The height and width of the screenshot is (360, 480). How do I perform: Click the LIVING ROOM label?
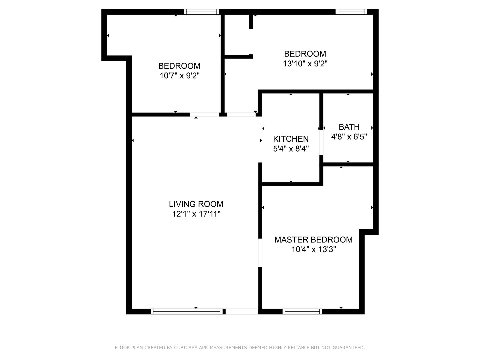[x=196, y=204]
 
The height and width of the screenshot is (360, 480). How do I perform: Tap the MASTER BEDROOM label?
[x=313, y=240]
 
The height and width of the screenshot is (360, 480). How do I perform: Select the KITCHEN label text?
[x=291, y=139]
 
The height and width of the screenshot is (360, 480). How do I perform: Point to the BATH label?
[x=349, y=127]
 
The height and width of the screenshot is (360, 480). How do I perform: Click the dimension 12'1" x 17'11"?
[x=196, y=214]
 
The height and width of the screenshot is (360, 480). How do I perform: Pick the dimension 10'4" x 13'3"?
[x=314, y=249]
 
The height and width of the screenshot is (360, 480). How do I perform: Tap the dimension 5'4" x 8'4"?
[x=291, y=149]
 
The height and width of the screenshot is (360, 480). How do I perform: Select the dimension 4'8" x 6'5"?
[x=349, y=137]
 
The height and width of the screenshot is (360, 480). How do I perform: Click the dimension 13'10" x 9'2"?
[x=305, y=64]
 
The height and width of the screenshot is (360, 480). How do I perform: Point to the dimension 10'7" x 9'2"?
[x=180, y=76]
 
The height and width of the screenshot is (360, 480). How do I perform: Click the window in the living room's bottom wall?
[x=187, y=311]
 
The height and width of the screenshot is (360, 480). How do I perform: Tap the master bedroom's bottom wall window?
[x=302, y=311]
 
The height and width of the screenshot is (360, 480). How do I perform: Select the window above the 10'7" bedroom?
[x=201, y=12]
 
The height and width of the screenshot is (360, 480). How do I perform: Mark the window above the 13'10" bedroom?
[x=351, y=12]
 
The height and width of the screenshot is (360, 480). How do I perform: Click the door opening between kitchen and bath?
[x=321, y=142]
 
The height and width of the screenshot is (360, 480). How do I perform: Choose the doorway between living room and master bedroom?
[x=260, y=253]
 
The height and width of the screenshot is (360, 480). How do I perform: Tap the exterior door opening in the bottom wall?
[x=242, y=311]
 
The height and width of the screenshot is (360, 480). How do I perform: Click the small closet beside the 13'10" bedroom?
[x=237, y=35]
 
